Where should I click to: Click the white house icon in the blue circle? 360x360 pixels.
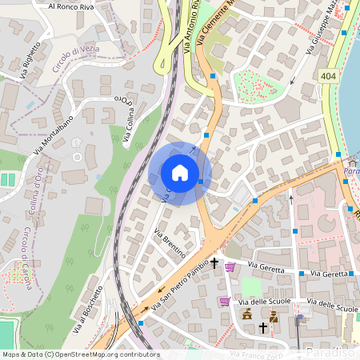click(x=180, y=173)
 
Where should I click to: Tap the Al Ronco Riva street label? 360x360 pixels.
click(x=71, y=6)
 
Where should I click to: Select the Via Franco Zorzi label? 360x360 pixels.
click(x=254, y=354)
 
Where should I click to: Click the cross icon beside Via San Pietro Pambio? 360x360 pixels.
click(x=214, y=262)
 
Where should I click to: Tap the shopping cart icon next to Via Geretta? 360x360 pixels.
click(x=230, y=266)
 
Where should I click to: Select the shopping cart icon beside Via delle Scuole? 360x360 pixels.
click(x=225, y=302)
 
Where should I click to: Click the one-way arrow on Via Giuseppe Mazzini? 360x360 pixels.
click(x=296, y=81)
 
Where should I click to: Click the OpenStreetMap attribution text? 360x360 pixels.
click(x=80, y=354)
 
